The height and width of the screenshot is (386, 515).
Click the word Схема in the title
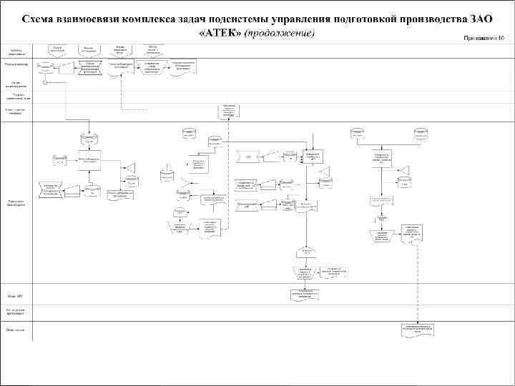click(x=41, y=18)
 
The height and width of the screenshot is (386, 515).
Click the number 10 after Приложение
click(x=501, y=36)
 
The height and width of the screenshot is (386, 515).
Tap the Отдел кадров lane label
click(x=16, y=330)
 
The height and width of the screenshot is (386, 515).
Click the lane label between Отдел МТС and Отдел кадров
click(x=16, y=312)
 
